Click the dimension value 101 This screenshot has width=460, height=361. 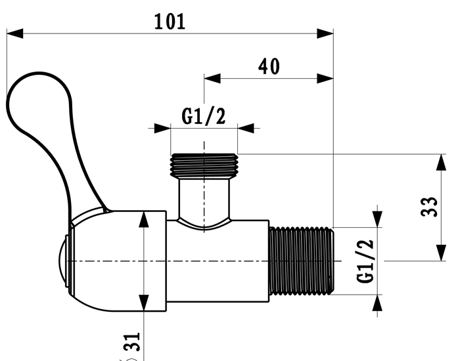pyautogui.click(x=170, y=21)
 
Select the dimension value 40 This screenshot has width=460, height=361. pyautogui.click(x=268, y=66)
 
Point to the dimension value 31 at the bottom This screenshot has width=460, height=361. pyautogui.click(x=131, y=343)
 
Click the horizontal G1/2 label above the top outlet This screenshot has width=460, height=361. pyautogui.click(x=204, y=117)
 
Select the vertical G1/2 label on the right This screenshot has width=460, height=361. pyautogui.click(x=366, y=261)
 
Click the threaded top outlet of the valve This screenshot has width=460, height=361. pyautogui.click(x=204, y=165)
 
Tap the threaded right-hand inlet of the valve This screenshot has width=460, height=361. pyautogui.click(x=302, y=260)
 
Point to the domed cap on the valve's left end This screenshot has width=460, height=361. pyautogui.click(x=63, y=261)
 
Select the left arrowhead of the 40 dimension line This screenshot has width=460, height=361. pyautogui.click(x=210, y=78)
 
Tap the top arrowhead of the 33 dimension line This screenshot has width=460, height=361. pyautogui.click(x=439, y=161)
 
